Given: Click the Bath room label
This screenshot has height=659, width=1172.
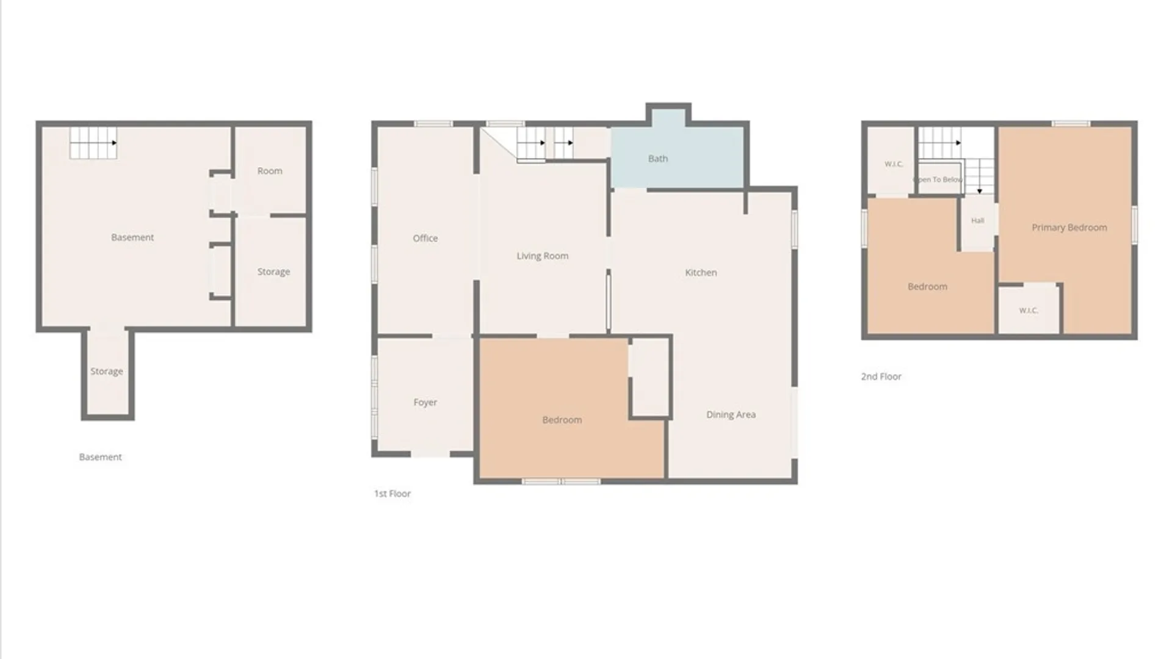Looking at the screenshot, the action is (x=657, y=159).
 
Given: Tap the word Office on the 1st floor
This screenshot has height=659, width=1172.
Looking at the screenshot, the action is (x=425, y=238).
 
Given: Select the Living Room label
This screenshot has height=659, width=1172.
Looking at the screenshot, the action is (x=542, y=256).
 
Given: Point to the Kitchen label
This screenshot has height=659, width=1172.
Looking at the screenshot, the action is (x=701, y=273).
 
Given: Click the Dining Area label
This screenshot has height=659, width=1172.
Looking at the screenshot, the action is (x=731, y=415).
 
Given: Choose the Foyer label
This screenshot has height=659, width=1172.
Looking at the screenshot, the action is (x=425, y=403).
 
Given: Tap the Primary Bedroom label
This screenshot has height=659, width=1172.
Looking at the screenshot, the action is (x=1069, y=228).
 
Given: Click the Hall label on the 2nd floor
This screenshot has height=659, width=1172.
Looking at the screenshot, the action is (x=977, y=221).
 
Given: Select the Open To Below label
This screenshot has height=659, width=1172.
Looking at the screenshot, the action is (x=938, y=179).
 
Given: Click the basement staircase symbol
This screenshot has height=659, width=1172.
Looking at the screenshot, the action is (x=93, y=143).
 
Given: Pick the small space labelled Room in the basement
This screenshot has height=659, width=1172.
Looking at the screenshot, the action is (x=270, y=170).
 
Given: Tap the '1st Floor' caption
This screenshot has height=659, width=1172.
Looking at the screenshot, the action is (x=392, y=494).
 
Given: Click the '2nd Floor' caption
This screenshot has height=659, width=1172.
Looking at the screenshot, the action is (x=881, y=376).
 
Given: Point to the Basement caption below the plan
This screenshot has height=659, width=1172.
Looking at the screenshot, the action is (x=100, y=457).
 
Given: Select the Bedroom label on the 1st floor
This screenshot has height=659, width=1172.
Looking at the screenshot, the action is (x=562, y=420).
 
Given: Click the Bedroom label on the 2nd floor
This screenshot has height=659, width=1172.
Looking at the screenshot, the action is (x=927, y=287).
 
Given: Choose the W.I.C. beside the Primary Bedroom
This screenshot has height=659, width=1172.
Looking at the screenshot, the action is (x=1029, y=311).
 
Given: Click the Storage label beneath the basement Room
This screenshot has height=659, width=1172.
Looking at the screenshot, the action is (x=273, y=272).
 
